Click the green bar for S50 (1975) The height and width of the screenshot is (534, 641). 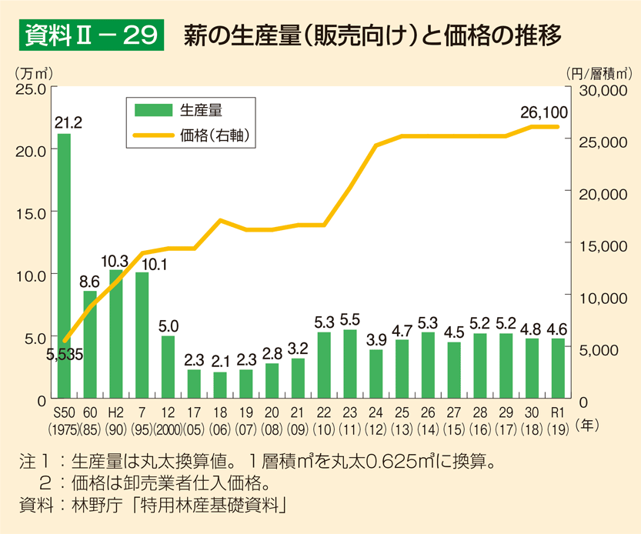(x=64, y=265)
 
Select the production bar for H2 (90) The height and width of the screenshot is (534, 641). (x=115, y=334)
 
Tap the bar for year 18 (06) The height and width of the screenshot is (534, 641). (x=219, y=385)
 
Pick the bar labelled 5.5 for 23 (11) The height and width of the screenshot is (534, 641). (x=349, y=364)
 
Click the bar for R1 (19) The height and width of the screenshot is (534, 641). (x=557, y=369)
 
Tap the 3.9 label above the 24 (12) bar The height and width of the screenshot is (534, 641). (x=376, y=339)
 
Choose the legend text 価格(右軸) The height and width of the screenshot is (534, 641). (x=218, y=135)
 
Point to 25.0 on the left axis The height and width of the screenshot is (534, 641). (x=30, y=88)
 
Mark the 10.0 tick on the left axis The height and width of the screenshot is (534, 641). (x=30, y=275)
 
